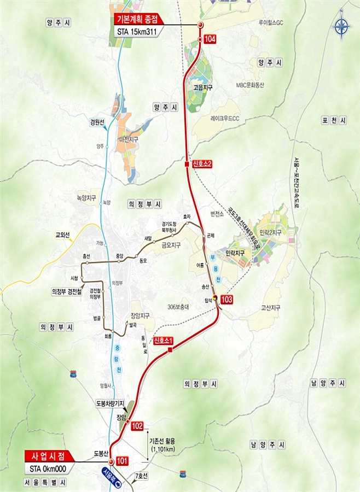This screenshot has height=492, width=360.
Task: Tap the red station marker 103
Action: click(x=227, y=300)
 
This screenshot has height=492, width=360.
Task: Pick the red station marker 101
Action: click(x=121, y=461)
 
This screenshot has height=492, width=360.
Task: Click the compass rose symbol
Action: click(x=342, y=26)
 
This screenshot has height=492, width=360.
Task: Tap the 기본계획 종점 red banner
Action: click(x=138, y=18)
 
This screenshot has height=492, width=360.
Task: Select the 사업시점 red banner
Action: click(x=50, y=455)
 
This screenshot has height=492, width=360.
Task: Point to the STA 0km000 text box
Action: click(x=50, y=468)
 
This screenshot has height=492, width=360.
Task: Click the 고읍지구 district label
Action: click(x=202, y=87)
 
